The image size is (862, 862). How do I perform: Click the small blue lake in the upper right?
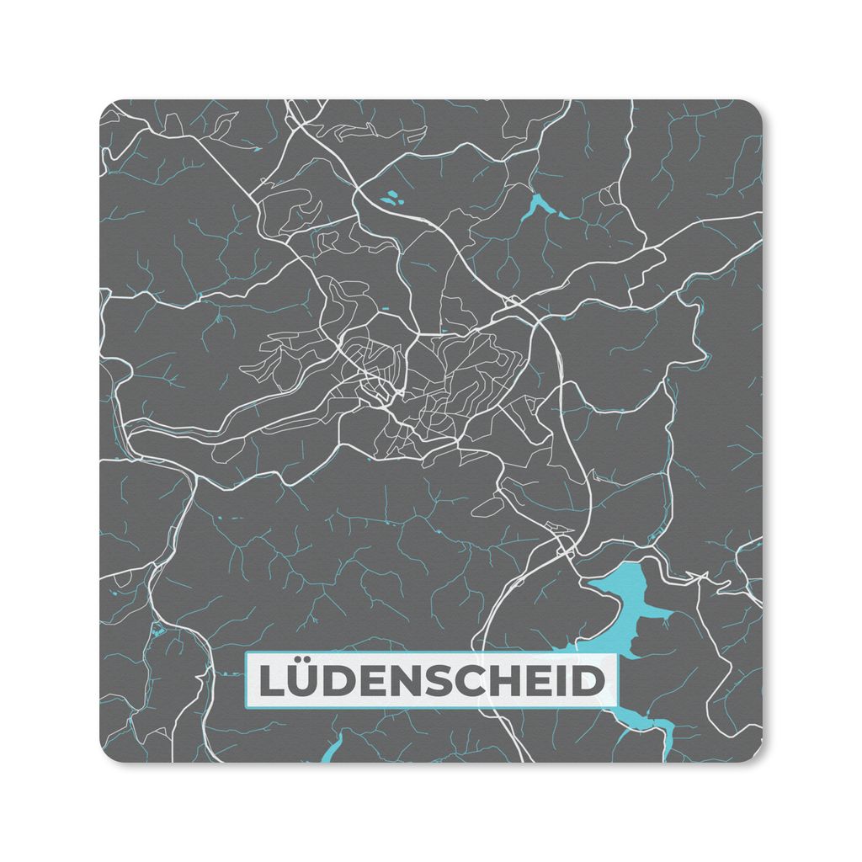point(538,205)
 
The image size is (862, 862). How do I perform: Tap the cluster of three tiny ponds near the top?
point(390,200)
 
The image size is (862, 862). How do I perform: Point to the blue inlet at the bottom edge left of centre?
point(333,748)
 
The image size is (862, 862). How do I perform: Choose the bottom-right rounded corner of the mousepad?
point(755,755)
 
